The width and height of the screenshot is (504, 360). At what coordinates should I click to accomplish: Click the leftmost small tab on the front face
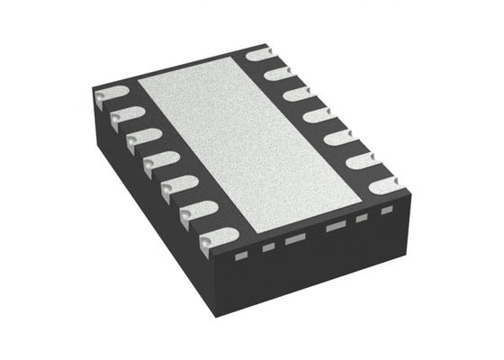tap(240, 254)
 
